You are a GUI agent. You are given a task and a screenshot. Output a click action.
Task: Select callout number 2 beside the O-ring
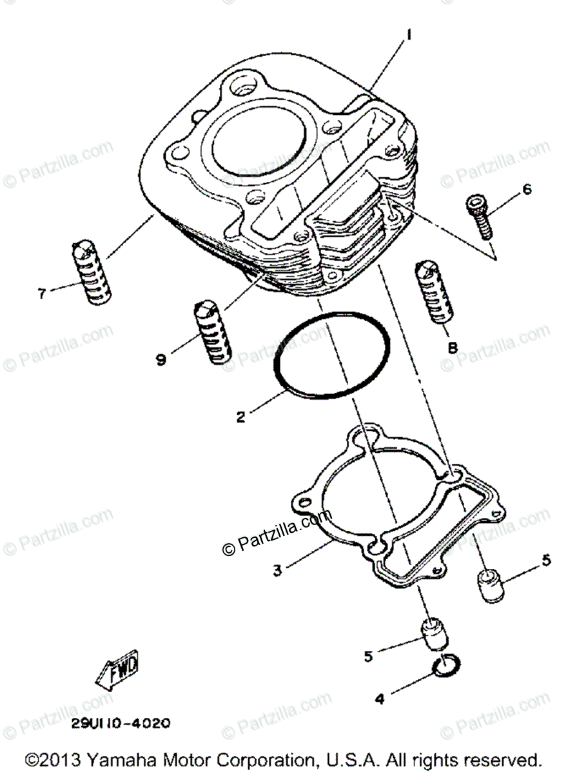point(240,417)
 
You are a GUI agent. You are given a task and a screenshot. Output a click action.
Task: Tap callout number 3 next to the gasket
point(277,570)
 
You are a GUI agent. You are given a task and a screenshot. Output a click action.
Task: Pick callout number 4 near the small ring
point(380,698)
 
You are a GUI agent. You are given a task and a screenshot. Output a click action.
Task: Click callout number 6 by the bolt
point(527,189)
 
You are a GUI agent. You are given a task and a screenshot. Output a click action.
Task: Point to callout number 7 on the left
point(42,293)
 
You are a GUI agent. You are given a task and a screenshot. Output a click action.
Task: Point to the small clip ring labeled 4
point(446,668)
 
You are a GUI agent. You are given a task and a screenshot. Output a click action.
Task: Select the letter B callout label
point(453,348)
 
